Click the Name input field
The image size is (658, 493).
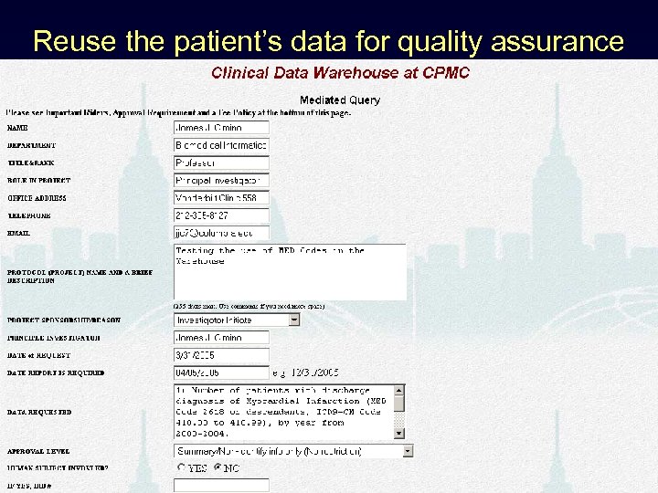coord(221,128)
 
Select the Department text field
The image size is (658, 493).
coord(221,145)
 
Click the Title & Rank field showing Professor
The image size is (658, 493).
coord(221,163)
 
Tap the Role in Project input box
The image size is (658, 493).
coord(221,181)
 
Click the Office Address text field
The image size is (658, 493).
coord(221,198)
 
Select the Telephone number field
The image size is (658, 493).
coord(221,216)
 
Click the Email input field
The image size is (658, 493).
coord(221,234)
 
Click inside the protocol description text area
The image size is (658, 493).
coord(290,272)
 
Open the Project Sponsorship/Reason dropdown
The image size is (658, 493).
coord(237,320)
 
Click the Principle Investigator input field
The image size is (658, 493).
coord(221,338)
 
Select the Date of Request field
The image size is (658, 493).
coord(221,355)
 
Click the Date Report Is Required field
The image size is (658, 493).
coord(221,372)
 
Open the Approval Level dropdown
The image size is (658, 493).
coord(293,451)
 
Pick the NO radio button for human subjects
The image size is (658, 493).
coord(218,468)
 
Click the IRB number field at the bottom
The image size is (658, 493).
coord(221,486)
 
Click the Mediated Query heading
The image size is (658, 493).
coord(340,100)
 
